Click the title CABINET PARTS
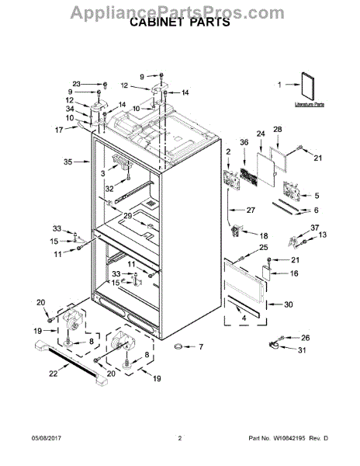click(179, 23)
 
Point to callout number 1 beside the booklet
click(282, 86)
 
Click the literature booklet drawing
click(310, 86)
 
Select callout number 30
click(289, 304)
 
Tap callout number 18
click(263, 235)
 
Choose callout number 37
click(315, 228)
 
